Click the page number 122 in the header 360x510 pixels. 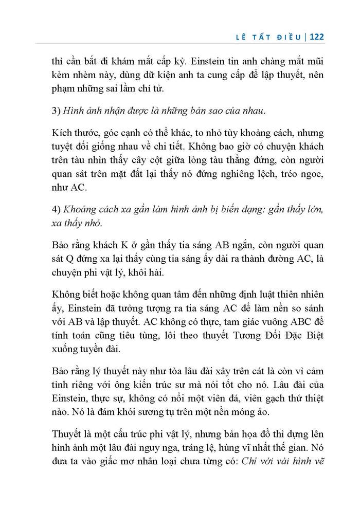(x=315, y=37)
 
